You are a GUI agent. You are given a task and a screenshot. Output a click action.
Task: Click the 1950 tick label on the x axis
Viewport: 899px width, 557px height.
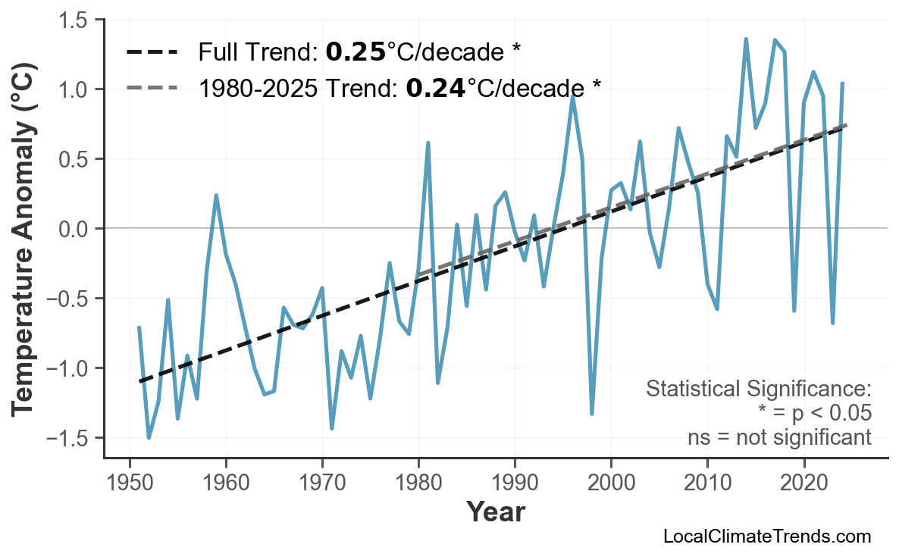(130, 483)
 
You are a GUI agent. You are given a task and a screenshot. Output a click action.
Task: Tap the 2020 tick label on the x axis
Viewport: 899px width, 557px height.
(803, 483)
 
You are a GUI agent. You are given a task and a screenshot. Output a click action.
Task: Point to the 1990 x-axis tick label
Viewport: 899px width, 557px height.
(515, 483)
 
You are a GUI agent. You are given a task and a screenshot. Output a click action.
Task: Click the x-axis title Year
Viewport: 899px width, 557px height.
(495, 513)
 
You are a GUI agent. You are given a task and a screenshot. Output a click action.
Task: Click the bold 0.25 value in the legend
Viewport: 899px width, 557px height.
(355, 52)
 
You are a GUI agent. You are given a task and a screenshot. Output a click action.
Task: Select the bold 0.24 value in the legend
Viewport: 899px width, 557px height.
(435, 89)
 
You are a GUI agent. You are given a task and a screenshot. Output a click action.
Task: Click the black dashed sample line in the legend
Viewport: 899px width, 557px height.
(152, 52)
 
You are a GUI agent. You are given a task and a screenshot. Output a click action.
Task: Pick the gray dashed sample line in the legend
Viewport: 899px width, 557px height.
(152, 89)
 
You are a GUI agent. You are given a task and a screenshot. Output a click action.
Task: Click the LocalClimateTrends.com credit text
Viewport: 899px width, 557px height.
(766, 537)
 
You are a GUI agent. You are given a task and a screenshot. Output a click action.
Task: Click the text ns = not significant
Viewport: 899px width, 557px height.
(778, 437)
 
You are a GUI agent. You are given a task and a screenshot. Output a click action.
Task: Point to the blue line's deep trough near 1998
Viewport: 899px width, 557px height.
(592, 414)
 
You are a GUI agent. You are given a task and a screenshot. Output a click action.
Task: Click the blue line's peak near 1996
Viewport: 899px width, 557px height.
(573, 95)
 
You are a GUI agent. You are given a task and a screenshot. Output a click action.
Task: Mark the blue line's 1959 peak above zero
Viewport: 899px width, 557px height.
(216, 196)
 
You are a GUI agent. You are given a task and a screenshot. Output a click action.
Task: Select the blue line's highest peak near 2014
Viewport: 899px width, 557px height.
(746, 39)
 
